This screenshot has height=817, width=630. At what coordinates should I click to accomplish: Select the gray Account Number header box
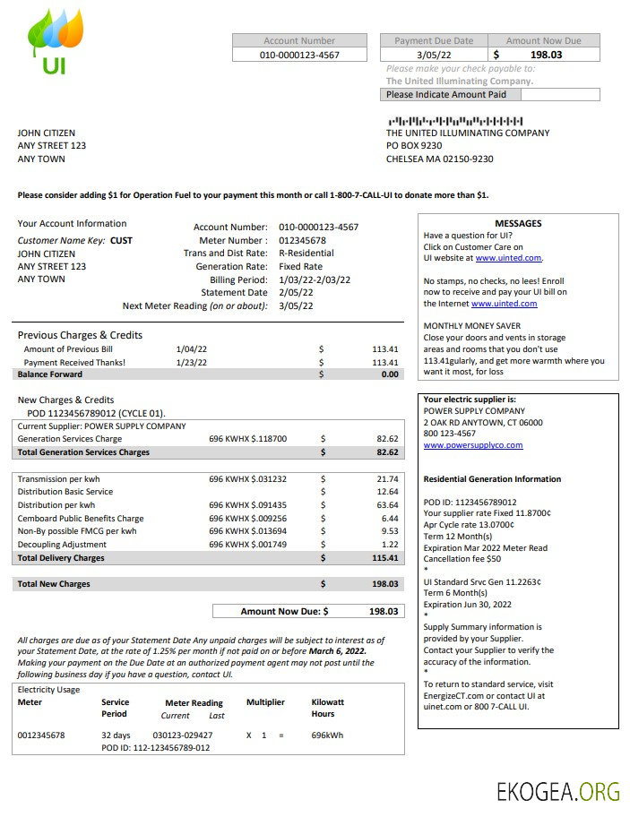299,40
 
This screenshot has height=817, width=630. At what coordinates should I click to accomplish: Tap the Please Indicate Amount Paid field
490,94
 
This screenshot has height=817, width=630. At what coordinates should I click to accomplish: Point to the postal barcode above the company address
454,120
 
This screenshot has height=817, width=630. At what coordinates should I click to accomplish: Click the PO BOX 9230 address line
414,145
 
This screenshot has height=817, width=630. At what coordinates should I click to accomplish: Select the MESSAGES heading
518,224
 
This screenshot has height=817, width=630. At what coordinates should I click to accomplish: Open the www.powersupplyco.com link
472,445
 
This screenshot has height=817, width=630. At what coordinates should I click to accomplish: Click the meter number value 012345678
302,240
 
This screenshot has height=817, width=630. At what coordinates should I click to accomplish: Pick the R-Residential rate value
306,254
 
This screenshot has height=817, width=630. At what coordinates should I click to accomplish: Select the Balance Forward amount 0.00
389,374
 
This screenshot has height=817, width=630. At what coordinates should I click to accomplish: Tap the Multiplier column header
265,702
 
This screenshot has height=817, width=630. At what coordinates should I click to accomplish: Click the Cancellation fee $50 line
462,559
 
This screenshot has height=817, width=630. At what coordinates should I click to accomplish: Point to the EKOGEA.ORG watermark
558,791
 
